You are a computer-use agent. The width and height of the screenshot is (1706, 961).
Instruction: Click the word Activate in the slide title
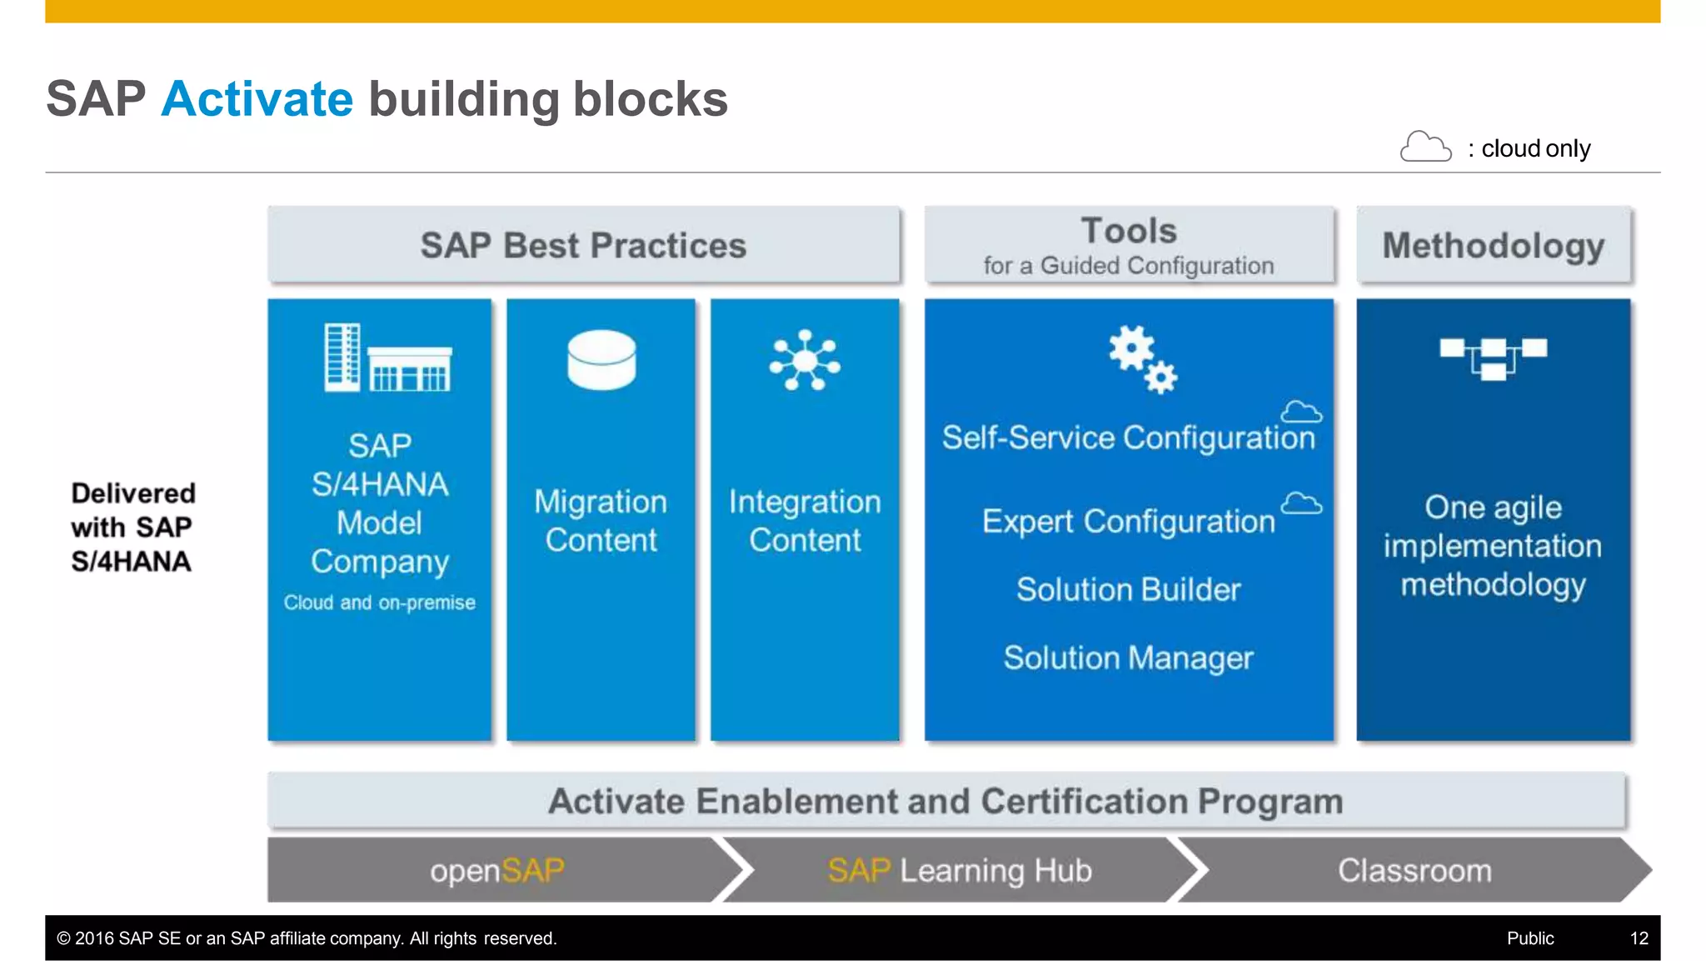point(257,99)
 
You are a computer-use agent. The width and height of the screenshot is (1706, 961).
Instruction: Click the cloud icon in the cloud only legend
point(1424,147)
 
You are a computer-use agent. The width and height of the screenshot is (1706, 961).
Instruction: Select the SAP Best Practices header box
point(583,245)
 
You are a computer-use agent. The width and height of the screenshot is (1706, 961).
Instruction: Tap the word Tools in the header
point(1129,230)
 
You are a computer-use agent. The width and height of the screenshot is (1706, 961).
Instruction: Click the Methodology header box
point(1493,245)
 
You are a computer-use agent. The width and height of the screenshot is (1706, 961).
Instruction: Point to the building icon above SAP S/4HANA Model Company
point(387,358)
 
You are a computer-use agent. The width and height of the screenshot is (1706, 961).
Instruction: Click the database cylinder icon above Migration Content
point(601,360)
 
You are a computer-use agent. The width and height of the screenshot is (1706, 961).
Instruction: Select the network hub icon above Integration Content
point(805,360)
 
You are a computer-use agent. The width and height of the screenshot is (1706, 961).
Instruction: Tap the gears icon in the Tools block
point(1142,359)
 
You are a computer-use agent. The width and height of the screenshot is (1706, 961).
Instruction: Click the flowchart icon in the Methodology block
point(1493,358)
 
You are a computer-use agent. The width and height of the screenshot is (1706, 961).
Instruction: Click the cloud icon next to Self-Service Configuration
point(1301,412)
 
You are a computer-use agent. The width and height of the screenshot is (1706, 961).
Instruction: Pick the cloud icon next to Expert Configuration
point(1301,503)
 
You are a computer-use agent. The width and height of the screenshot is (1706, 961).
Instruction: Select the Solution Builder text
point(1128,589)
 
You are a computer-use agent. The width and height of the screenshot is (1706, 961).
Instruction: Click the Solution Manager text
point(1128,658)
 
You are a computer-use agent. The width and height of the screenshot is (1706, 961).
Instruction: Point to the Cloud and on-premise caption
point(379,603)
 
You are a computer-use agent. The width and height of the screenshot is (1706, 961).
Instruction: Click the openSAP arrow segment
point(497,870)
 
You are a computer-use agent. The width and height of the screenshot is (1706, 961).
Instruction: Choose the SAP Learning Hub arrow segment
point(960,870)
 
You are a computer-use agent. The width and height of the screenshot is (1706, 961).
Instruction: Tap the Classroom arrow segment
point(1414,870)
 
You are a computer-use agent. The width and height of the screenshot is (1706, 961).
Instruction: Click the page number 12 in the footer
point(1639,938)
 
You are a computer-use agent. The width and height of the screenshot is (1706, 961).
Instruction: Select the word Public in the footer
point(1529,938)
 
